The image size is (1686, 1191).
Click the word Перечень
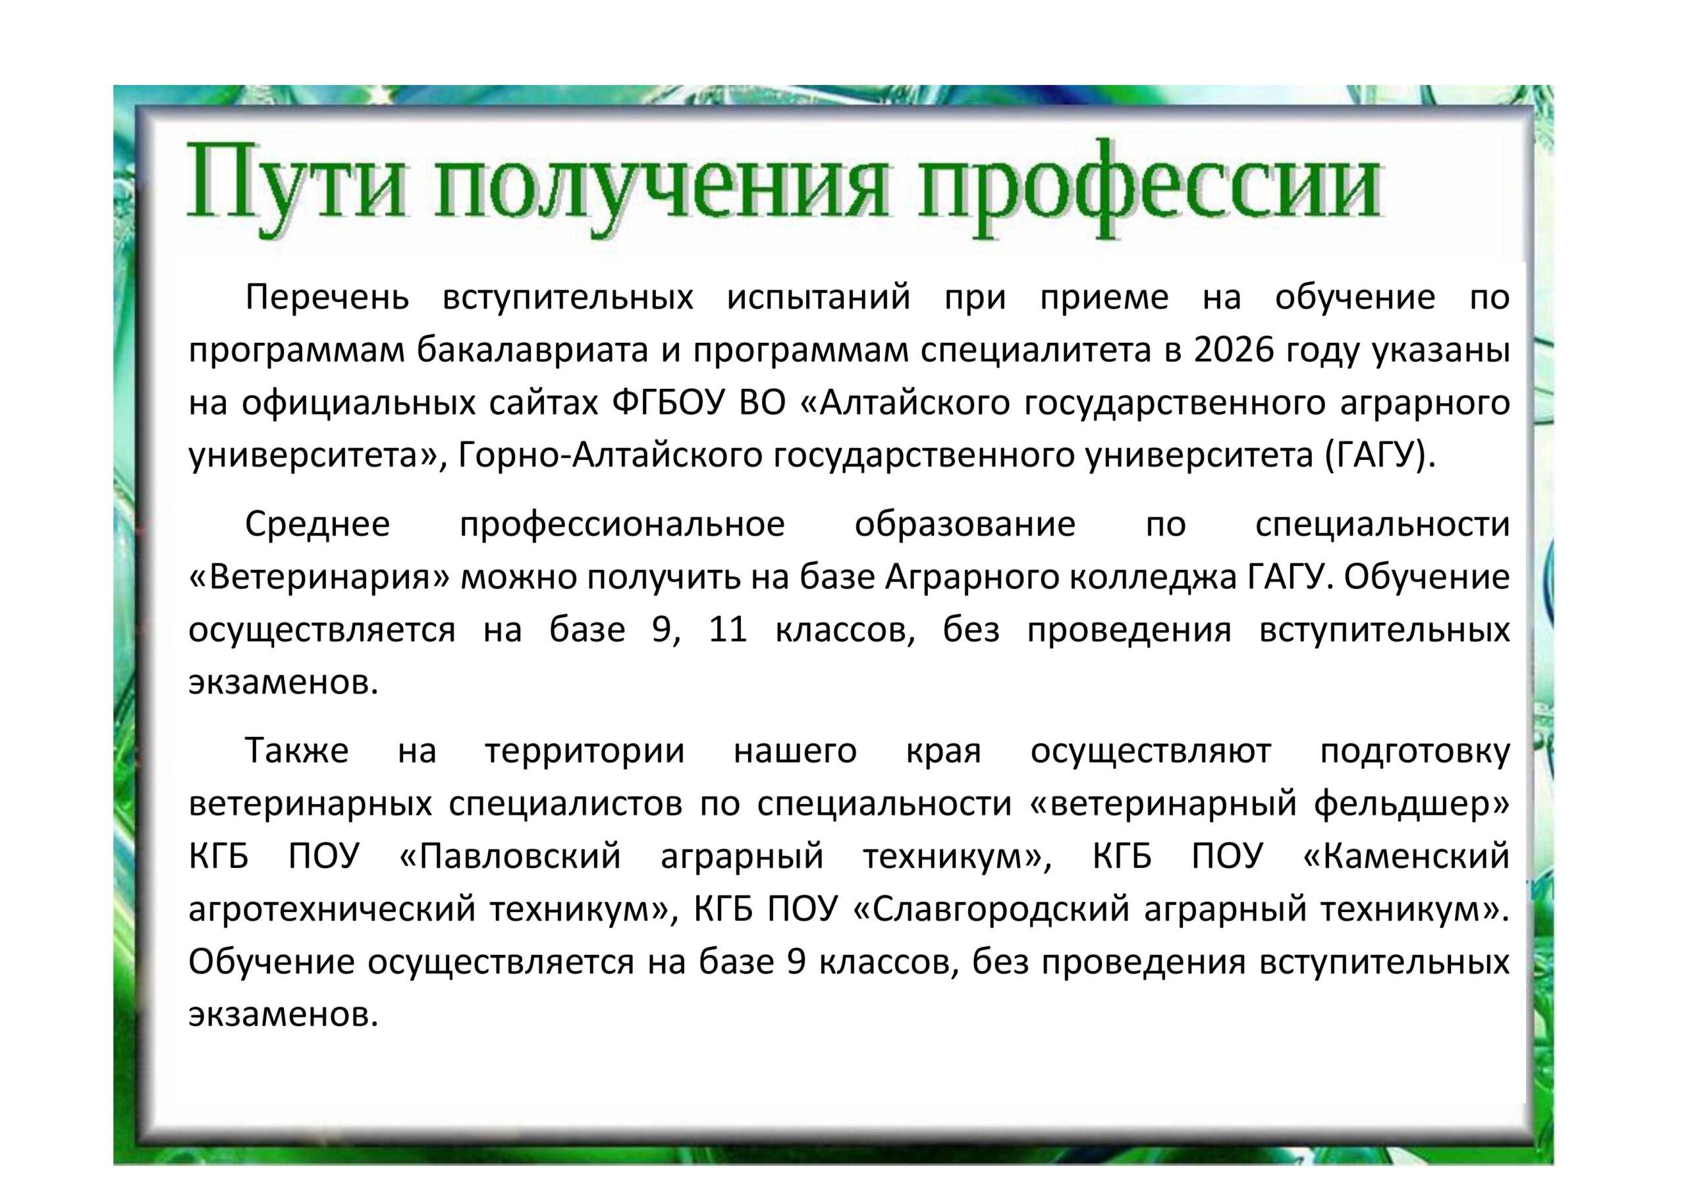click(x=327, y=297)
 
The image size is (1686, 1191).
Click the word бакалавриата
click(x=532, y=351)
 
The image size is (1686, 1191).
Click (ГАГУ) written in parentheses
click(x=1380, y=457)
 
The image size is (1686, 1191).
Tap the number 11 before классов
click(x=728, y=630)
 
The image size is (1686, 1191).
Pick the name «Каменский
click(x=1405, y=856)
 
